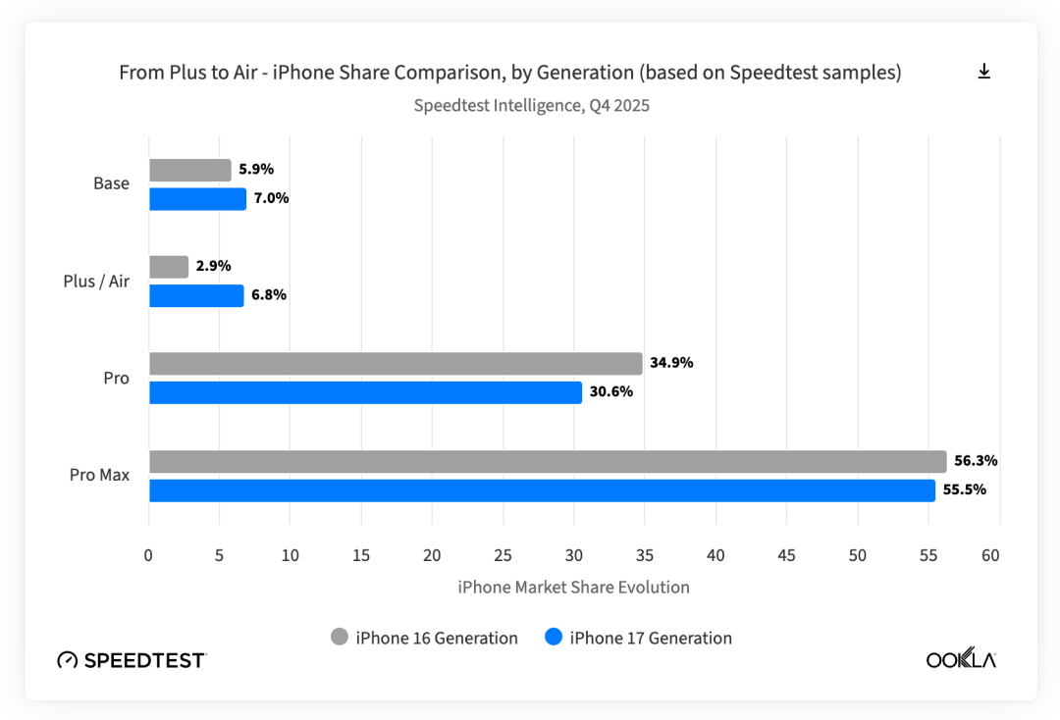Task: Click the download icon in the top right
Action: pos(983,72)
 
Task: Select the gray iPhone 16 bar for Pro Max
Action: pos(548,461)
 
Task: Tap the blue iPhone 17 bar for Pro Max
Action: pos(542,490)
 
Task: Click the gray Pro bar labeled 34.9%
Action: pos(396,363)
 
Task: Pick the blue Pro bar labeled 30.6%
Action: pos(365,392)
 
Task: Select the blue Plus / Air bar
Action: pos(196,295)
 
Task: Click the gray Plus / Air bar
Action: pos(169,267)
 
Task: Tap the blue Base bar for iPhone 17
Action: pos(197,199)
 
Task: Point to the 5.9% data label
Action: pos(256,169)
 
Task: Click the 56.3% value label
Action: pos(976,461)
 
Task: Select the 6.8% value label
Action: pos(269,295)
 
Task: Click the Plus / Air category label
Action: pos(96,282)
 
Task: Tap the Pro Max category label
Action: pos(99,475)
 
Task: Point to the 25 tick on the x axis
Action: pos(503,555)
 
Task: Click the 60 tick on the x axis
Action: pos(989,555)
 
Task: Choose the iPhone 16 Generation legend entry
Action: pos(424,638)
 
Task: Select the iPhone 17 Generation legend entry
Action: pos(638,638)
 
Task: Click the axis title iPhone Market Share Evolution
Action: pos(573,588)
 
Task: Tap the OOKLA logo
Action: pos(961,659)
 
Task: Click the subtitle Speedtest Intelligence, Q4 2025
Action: pos(531,105)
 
